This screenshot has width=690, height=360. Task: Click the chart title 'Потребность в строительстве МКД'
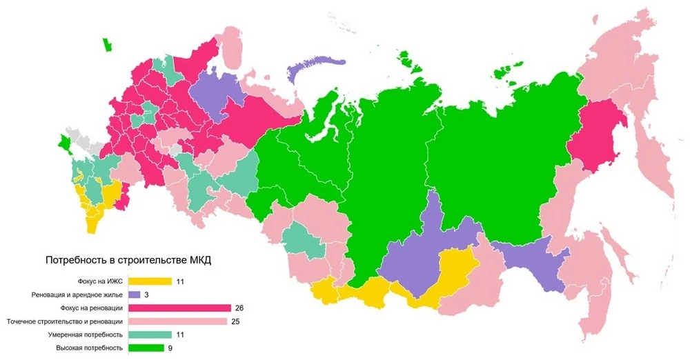(x=128, y=260)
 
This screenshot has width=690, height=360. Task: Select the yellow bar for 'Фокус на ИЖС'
(x=148, y=281)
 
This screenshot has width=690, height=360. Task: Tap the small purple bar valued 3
(x=135, y=294)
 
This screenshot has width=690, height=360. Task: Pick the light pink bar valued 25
(x=177, y=321)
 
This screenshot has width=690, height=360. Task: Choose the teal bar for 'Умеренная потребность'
(x=148, y=334)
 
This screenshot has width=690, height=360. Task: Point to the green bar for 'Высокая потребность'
(x=144, y=348)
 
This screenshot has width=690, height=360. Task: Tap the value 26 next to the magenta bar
(x=239, y=308)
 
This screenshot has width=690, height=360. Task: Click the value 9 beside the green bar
(x=170, y=348)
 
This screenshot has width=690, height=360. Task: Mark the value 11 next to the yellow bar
(x=179, y=281)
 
